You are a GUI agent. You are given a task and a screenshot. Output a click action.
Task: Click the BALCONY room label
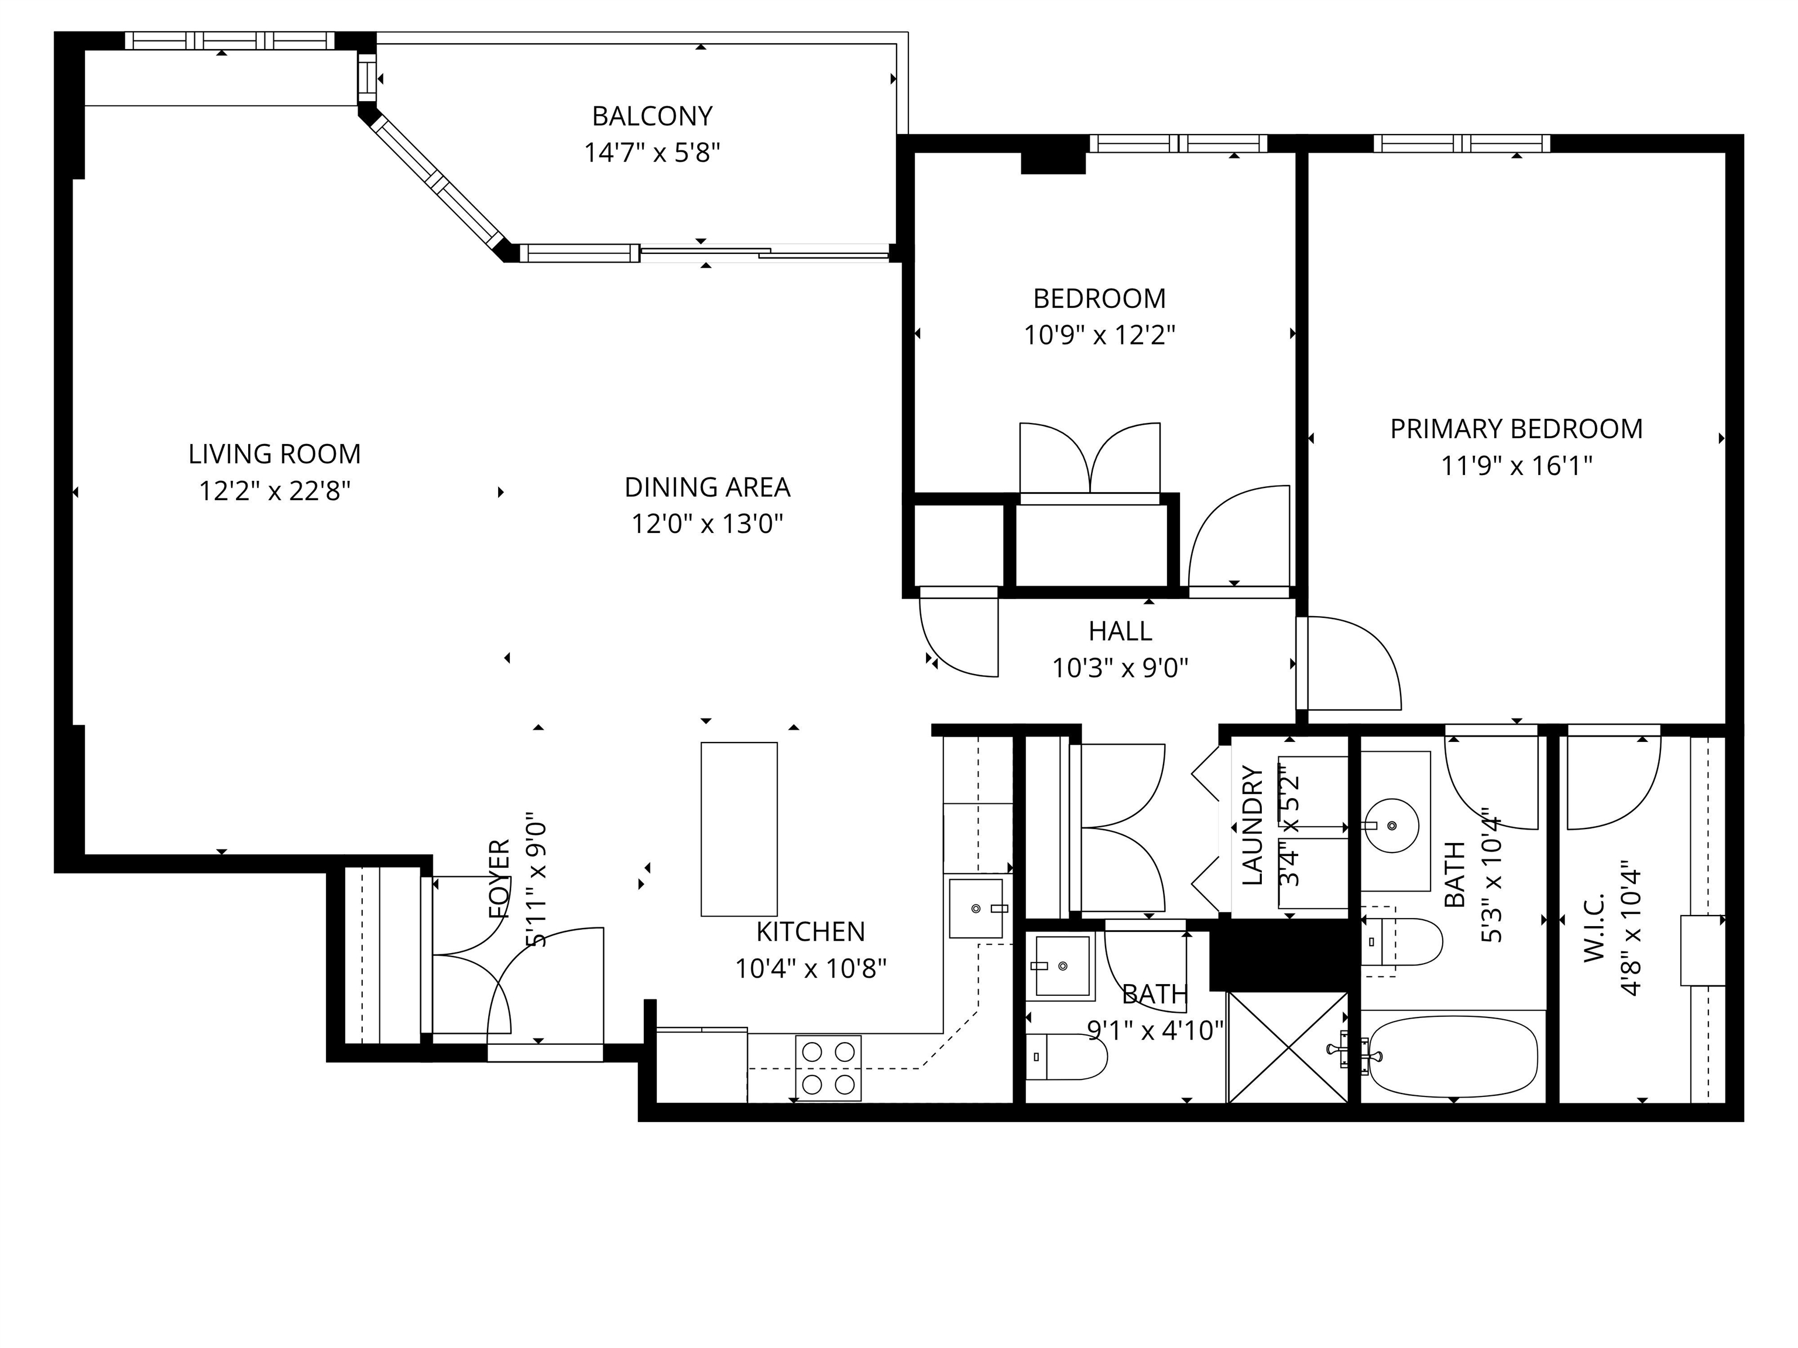652,116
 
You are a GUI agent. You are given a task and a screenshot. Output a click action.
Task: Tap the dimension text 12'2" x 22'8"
274,491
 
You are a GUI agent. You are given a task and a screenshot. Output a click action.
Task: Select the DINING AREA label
707,487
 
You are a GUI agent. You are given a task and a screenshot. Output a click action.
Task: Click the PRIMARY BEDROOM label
1516,429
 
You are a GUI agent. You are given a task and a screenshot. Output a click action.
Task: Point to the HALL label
1120,631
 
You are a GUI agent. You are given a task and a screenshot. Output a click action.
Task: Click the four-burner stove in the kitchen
828,1068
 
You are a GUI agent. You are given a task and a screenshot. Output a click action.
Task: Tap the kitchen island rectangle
739,829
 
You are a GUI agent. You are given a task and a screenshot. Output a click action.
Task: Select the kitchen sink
976,907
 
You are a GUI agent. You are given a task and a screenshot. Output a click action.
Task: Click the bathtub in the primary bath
1453,1056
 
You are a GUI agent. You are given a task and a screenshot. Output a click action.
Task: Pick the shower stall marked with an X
1288,1047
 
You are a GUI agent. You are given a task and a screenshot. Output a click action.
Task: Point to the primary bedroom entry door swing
1349,662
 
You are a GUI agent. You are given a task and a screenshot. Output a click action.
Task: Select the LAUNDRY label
1253,826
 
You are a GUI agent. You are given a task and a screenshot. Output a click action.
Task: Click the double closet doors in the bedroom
1090,459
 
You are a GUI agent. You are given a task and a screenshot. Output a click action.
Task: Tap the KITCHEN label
811,931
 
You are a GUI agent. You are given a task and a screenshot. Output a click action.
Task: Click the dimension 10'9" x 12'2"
1099,335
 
